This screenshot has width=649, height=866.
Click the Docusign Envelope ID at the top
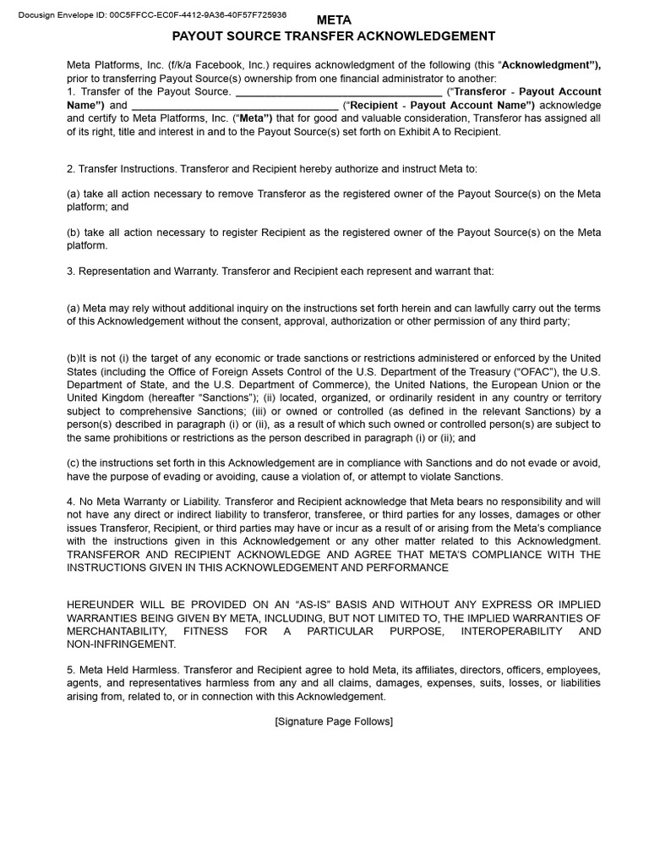pos(151,14)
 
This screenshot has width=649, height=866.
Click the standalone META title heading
pos(333,19)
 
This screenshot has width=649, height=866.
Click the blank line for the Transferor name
pos(338,92)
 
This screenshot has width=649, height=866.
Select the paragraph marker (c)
pos(73,463)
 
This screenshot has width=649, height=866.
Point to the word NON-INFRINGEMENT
pos(122,644)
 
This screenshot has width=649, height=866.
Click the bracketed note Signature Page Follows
pos(334,721)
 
